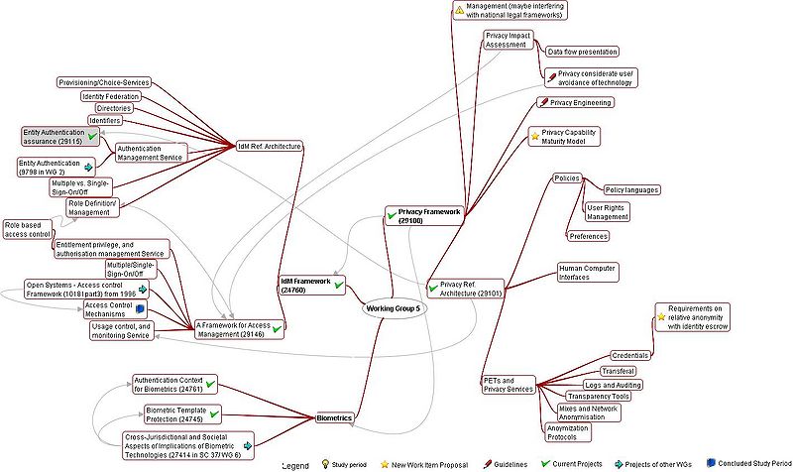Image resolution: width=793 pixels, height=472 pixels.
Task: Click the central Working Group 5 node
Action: point(394,308)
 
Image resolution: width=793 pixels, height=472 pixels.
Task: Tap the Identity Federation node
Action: point(109,96)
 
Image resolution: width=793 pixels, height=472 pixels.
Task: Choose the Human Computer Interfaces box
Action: point(586,272)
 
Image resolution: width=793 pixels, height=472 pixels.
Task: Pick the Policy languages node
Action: point(631,189)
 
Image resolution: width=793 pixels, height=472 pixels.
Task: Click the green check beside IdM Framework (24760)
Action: point(339,286)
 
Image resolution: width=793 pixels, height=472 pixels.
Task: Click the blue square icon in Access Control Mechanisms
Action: point(140,308)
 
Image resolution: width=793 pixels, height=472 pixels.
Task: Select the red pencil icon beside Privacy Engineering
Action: point(543,102)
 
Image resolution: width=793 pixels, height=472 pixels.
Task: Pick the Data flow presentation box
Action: point(582,52)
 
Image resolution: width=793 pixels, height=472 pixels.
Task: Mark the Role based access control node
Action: point(27,229)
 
